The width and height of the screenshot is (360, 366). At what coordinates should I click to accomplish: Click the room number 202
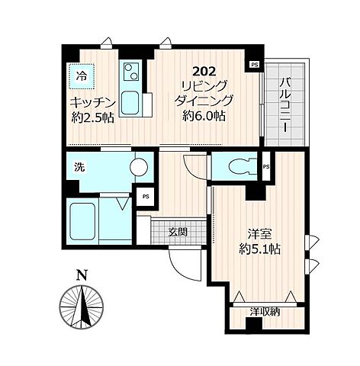204,72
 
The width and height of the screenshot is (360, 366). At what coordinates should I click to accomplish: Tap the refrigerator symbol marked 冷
82,76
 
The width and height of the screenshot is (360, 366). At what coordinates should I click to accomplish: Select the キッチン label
92,103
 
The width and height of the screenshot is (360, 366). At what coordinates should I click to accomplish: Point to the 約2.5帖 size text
92,117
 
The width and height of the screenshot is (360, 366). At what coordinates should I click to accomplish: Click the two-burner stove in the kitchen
131,72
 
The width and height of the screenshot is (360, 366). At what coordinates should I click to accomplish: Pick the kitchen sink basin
130,103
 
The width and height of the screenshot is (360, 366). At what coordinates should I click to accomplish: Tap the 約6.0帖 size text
204,116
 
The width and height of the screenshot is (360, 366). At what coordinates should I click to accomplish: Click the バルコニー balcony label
285,105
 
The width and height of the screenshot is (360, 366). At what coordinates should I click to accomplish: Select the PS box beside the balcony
255,65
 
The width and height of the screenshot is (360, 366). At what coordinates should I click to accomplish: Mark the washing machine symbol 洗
79,167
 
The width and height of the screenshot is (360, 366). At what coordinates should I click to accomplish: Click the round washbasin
139,167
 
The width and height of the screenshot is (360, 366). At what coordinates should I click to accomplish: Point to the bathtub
82,221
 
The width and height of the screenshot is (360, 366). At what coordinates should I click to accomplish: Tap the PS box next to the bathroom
146,197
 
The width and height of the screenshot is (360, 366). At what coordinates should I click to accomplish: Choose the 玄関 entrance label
178,232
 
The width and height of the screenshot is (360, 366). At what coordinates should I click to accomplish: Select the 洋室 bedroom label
259,234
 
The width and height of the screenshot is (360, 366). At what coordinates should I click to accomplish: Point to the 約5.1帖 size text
259,249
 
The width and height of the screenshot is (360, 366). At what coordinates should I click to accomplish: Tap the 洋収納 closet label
265,312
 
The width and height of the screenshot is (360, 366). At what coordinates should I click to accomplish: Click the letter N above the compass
82,275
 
